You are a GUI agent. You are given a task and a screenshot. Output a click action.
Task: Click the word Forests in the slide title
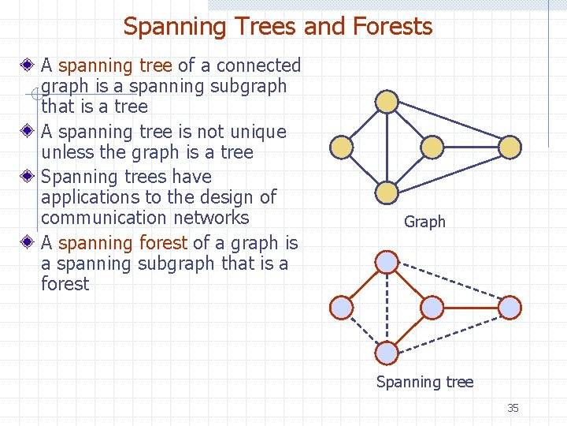[393, 27]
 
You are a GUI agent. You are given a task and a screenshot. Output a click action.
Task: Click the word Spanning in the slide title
[163, 27]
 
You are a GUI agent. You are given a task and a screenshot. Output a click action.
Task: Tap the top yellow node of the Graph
[387, 102]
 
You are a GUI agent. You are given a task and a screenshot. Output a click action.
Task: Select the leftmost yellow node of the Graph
[341, 147]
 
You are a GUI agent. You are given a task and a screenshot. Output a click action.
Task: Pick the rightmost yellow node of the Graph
[510, 147]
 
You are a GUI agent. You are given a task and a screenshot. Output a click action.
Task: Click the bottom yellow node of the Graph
[387, 192]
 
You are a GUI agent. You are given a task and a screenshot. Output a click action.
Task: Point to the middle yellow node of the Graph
[432, 147]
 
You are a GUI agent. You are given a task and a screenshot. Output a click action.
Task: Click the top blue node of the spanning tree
[387, 262]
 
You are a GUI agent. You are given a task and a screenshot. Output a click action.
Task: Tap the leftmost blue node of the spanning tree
[341, 307]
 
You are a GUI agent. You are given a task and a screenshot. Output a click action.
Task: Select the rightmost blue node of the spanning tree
[510, 307]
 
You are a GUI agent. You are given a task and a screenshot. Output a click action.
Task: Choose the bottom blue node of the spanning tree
[387, 353]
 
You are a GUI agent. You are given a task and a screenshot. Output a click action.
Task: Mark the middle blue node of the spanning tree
[432, 307]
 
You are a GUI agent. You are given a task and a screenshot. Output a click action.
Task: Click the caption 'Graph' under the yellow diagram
[424, 222]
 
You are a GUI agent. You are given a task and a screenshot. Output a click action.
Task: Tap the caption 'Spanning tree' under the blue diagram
[424, 383]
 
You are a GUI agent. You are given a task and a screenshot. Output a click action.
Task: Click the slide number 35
[513, 408]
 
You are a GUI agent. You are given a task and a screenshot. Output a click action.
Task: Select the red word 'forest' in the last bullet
[163, 243]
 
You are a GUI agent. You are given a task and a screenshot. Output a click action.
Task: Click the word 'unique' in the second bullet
[257, 132]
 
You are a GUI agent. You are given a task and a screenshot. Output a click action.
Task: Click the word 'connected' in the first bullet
[259, 65]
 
